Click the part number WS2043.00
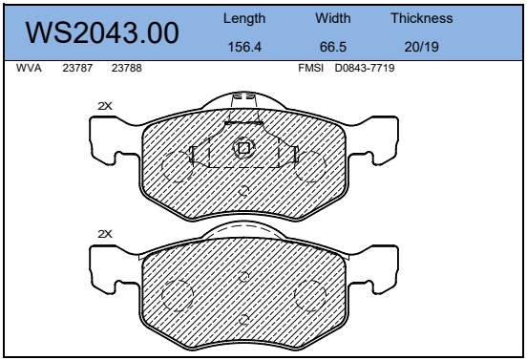102,32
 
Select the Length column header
244,18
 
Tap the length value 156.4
244,47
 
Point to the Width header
333,18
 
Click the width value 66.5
333,47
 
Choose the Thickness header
421,18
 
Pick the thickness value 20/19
421,47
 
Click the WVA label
29,68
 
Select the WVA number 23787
77,68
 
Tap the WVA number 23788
126,68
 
